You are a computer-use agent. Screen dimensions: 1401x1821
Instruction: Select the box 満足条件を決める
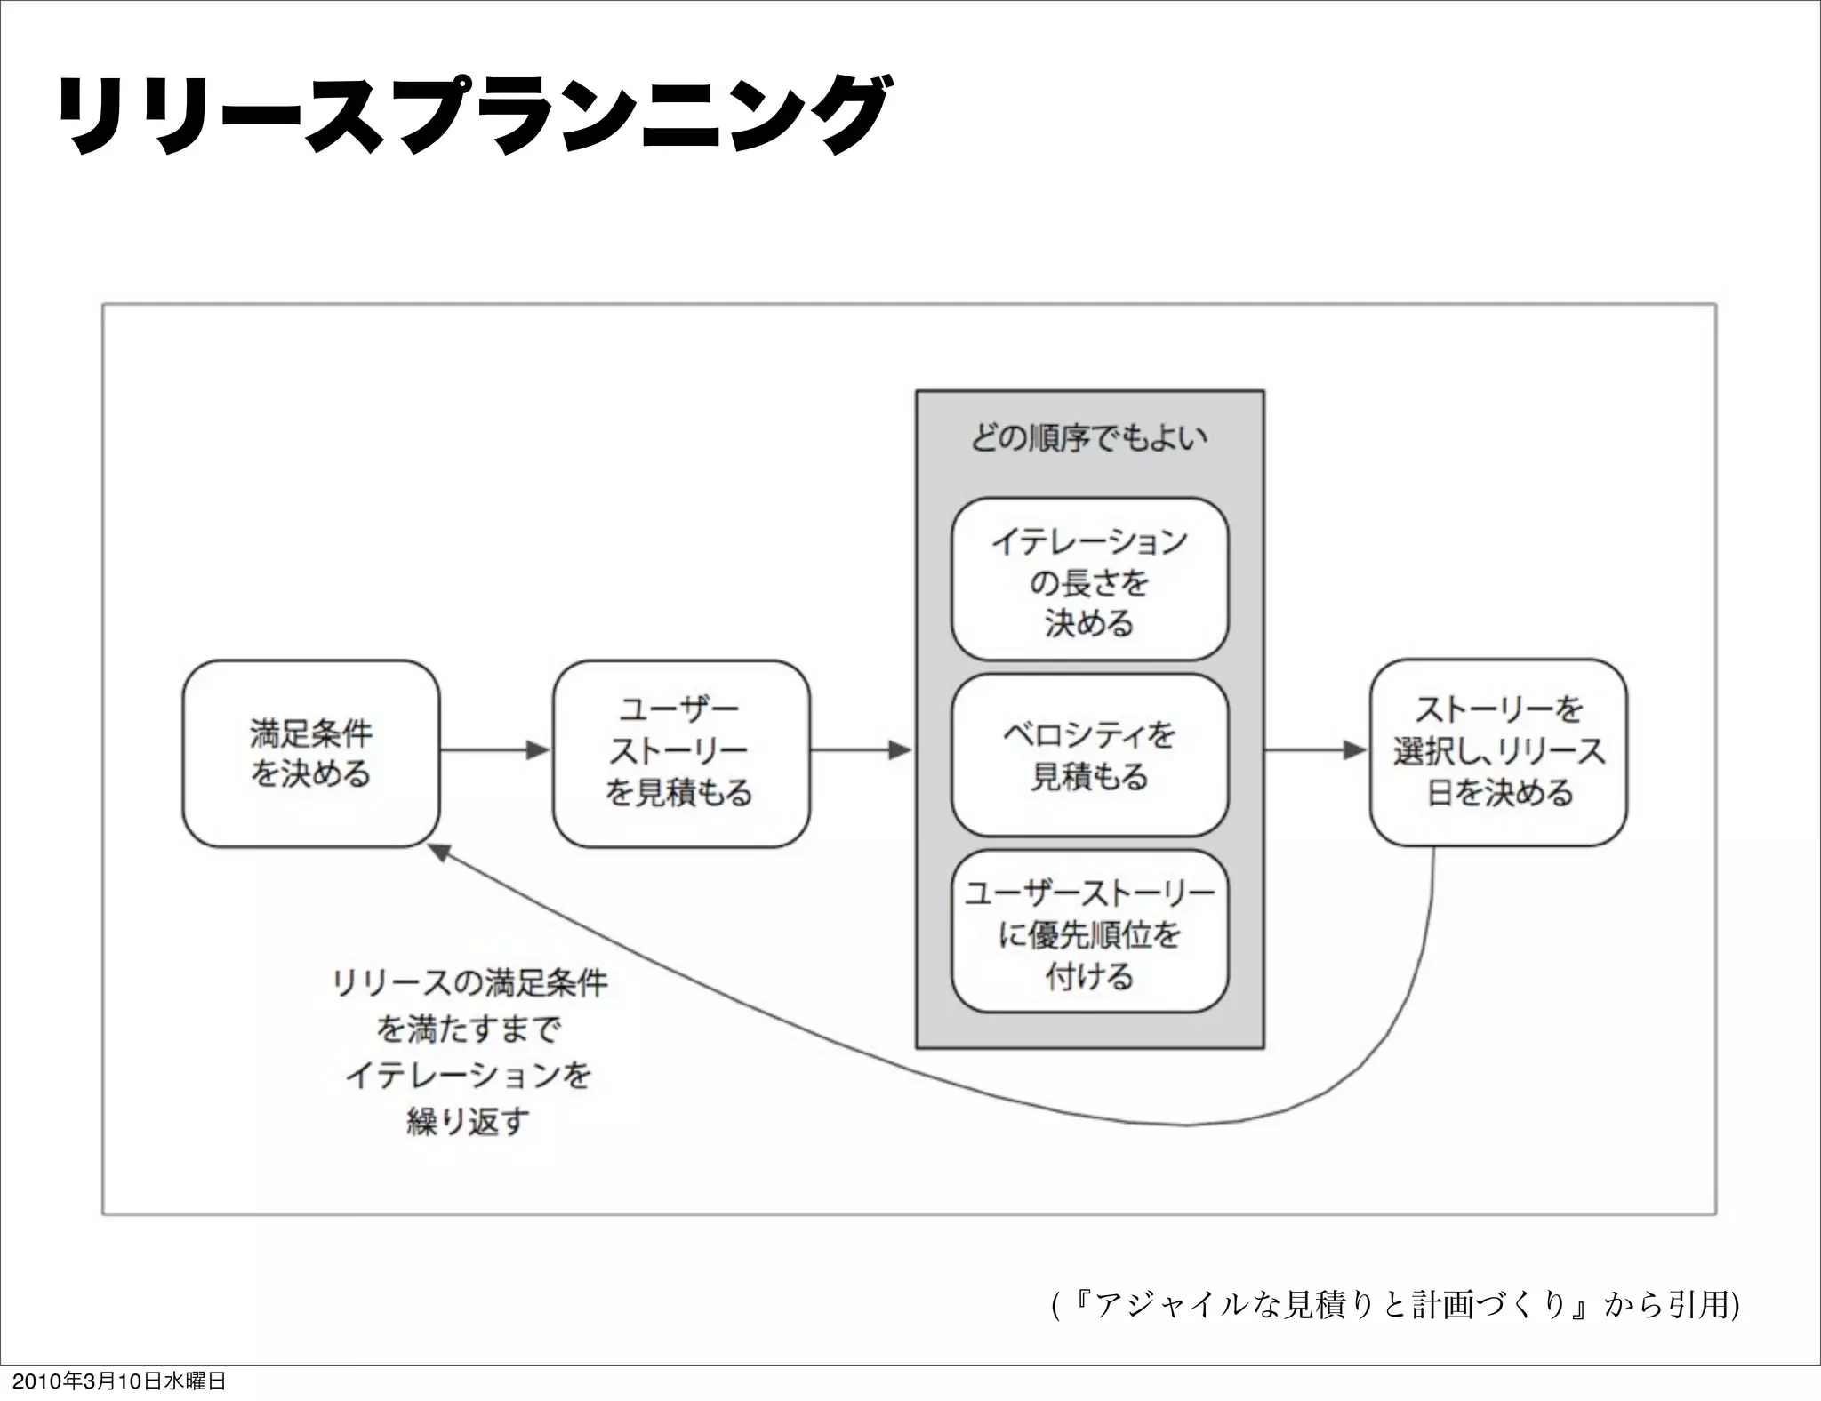point(310,753)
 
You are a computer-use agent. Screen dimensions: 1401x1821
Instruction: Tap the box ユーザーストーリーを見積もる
point(680,753)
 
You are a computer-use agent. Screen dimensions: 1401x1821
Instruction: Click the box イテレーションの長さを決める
point(1089,579)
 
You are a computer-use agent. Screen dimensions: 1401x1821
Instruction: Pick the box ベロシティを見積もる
point(1089,755)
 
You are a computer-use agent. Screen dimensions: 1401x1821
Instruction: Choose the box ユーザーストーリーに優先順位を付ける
point(1089,931)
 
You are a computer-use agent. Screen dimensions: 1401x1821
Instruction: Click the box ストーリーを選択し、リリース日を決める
point(1498,752)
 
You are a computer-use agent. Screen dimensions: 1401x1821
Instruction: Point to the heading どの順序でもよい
point(1089,437)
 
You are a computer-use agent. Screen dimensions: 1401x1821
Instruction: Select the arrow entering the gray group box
point(862,751)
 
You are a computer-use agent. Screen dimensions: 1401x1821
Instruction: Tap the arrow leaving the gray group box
point(1315,751)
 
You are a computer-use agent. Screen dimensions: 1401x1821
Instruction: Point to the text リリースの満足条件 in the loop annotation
point(469,983)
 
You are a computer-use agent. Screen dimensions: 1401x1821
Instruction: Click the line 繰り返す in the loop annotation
point(468,1122)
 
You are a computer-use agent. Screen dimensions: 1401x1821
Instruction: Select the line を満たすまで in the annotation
point(469,1029)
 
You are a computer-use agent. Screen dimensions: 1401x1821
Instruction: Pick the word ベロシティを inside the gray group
point(1089,734)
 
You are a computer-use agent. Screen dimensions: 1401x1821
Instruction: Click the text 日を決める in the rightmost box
point(1500,792)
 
